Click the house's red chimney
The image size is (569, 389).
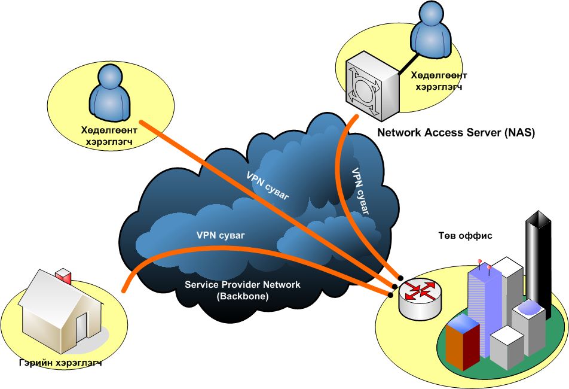click(63, 277)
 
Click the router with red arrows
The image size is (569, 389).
click(420, 296)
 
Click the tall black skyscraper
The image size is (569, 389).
click(537, 257)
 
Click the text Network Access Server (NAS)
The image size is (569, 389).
click(455, 132)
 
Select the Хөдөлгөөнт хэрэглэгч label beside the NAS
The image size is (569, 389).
click(438, 81)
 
